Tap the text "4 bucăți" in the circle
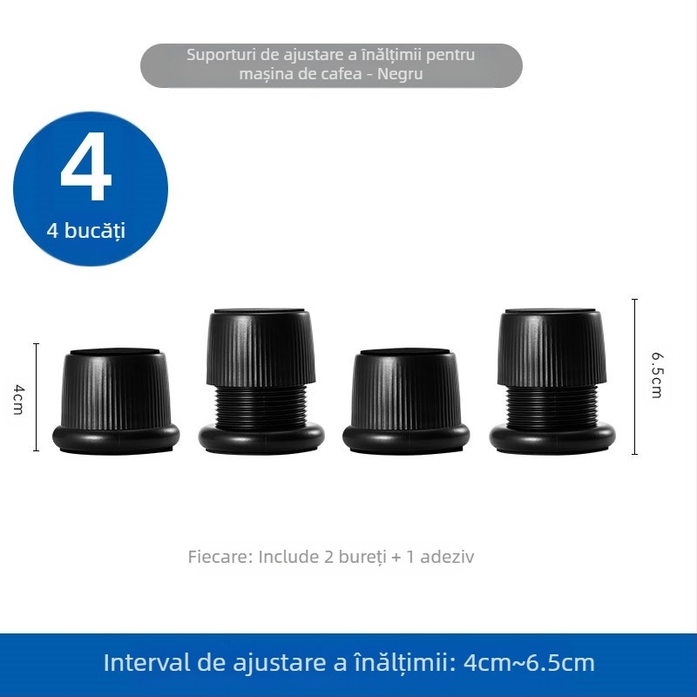86,232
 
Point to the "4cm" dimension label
18,397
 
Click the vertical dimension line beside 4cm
36,397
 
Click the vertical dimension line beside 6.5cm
635,376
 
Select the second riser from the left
261,379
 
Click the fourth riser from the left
552,379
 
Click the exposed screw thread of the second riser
261,404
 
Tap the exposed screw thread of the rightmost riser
552,404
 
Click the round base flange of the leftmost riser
116,436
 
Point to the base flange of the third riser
406,436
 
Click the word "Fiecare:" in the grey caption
220,557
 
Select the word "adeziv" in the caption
447,557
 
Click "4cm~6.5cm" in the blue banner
530,662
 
